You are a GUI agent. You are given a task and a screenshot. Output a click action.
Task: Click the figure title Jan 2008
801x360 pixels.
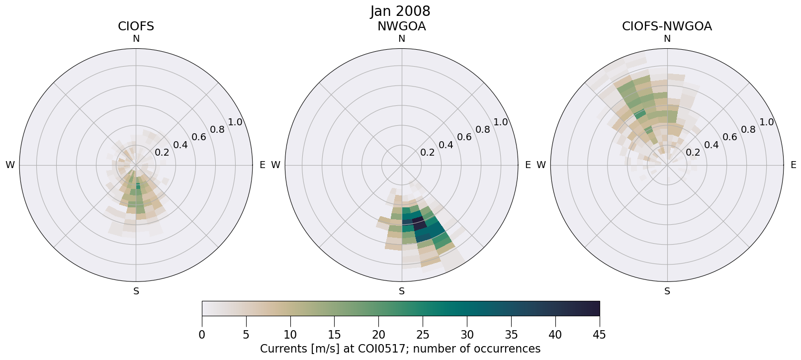point(400,11)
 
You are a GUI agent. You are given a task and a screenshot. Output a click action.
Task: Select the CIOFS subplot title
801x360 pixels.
point(136,26)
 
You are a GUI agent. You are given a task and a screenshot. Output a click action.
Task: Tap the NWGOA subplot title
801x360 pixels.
point(401,26)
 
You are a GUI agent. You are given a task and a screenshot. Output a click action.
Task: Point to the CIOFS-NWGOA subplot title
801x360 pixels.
point(667,26)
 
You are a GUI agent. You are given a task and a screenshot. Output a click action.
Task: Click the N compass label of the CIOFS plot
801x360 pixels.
point(136,39)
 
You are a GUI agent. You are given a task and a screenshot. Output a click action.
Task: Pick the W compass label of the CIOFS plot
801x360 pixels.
point(10,165)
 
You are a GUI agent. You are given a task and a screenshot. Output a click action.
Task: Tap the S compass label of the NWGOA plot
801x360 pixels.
point(402,291)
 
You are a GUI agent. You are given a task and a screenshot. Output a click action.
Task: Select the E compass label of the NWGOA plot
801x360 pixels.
point(528,165)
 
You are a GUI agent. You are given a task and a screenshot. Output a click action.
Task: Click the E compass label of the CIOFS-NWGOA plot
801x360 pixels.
point(794,165)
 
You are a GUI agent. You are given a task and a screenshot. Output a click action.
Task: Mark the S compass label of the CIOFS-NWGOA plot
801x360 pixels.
point(667,291)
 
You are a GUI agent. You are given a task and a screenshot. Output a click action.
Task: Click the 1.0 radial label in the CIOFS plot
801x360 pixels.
point(235,122)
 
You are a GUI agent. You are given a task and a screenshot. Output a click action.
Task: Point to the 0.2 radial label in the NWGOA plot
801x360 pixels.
point(427,153)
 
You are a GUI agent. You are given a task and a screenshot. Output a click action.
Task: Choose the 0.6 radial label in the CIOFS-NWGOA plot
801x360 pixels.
point(730,137)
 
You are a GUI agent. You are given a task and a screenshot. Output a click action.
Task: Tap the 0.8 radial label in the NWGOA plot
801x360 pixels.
point(483,130)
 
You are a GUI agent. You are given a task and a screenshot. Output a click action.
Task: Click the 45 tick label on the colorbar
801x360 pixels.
point(599,335)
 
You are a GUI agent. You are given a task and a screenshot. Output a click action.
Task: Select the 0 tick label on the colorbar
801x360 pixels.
point(202,335)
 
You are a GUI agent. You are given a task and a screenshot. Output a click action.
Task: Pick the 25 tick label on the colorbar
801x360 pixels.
point(423,335)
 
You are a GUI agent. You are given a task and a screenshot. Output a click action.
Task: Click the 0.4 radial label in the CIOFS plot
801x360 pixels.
point(180,145)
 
